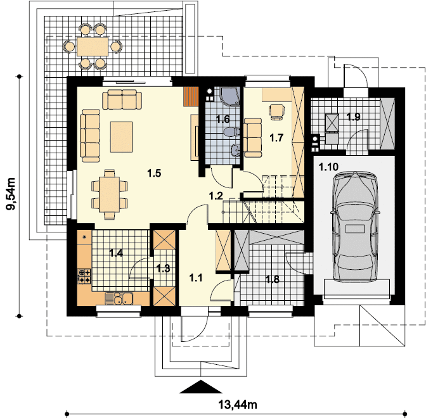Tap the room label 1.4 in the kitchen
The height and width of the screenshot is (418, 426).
116,253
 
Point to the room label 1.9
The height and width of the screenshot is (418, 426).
353,117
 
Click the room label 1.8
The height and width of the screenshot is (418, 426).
272,279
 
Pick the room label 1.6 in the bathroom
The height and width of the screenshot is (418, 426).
222,118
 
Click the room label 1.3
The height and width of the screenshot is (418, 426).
163,268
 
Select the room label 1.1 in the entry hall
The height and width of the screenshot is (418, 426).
197,277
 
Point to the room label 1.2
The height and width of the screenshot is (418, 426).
216,196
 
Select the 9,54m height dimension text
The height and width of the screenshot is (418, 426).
11,195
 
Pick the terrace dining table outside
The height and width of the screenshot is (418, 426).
93,46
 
